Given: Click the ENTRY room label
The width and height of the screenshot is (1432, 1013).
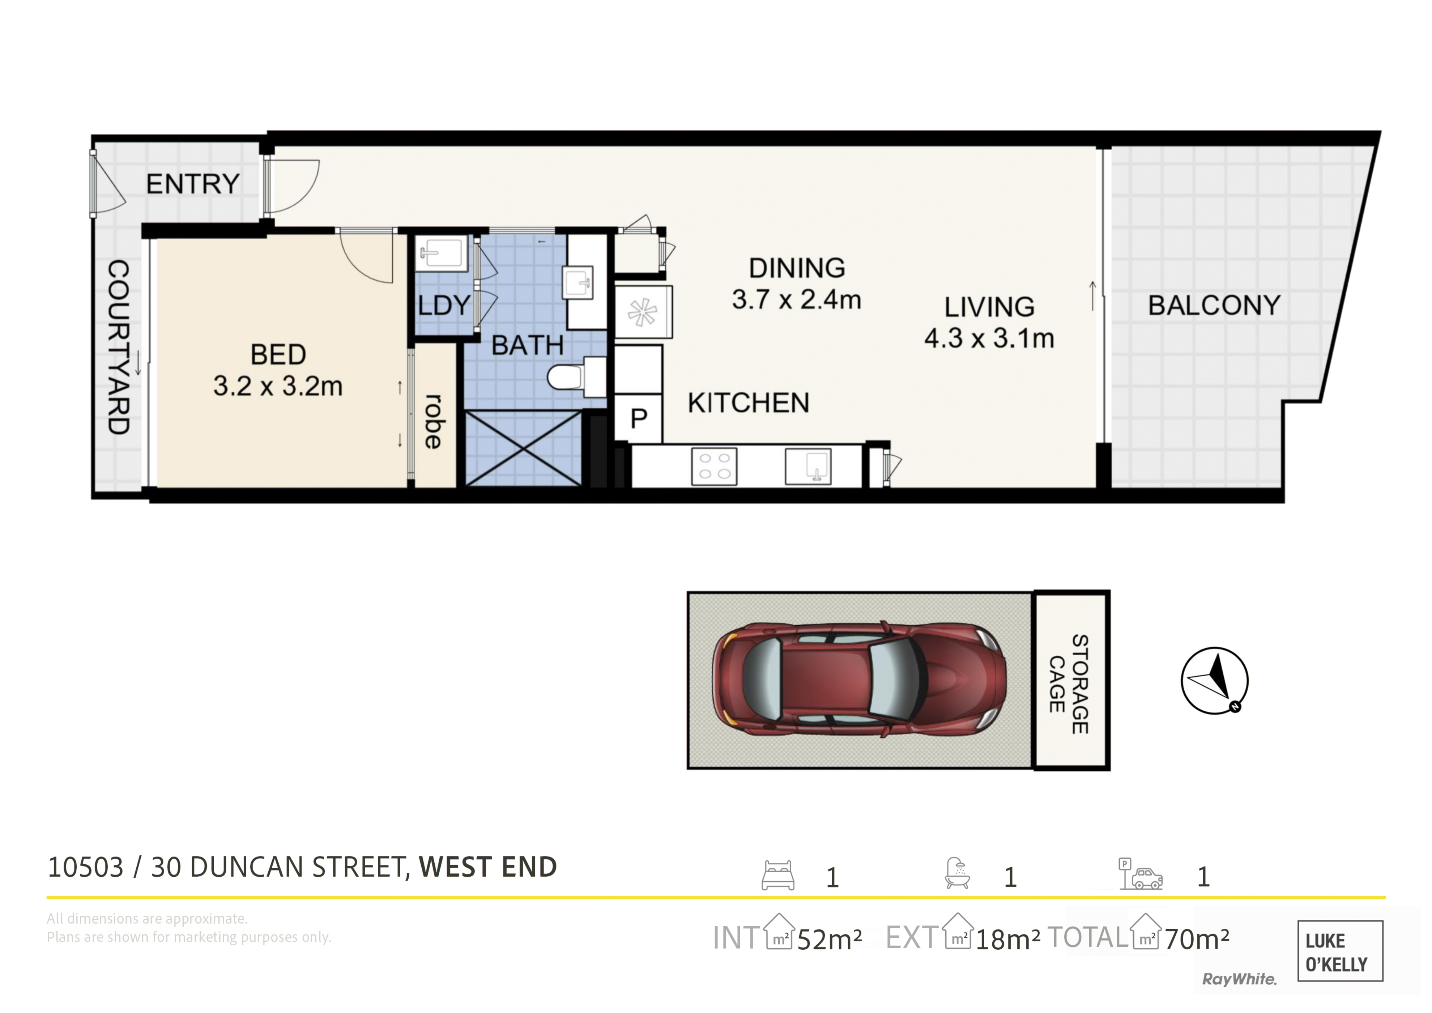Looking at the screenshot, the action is coord(193,184).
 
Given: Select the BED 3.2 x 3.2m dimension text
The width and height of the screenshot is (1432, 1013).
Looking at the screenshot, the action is coord(278,386).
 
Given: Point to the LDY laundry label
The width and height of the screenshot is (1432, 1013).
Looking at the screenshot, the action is coord(443,306).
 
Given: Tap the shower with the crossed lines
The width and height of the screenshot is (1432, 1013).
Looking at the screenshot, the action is coord(524,448).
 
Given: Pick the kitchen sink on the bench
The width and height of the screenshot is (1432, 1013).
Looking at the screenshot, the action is coord(808,466).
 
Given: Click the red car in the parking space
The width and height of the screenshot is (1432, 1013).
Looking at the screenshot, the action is coord(860,679).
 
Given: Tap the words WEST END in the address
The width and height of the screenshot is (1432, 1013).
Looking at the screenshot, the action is coord(488,867).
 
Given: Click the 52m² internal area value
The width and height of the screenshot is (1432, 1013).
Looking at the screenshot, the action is coord(830,939).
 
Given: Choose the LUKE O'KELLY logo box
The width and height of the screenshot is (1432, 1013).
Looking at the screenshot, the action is coord(1340,951).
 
